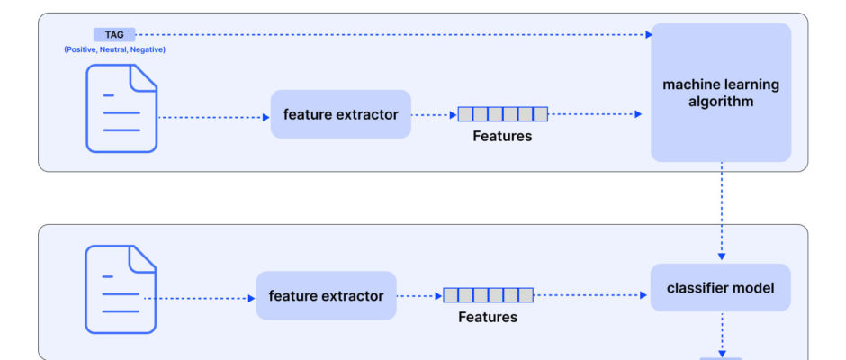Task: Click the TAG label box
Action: (114, 34)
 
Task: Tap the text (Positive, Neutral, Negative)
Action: (115, 49)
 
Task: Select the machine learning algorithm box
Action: (721, 93)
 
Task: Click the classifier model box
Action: (720, 288)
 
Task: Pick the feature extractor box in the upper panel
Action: (341, 114)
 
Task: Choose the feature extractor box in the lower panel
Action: (327, 296)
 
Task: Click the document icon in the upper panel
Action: (121, 109)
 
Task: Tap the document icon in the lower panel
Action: (121, 290)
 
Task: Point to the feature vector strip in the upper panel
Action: (503, 114)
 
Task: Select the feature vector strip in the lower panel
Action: (489, 295)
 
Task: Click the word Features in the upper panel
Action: (502, 137)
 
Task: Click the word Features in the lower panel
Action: (488, 318)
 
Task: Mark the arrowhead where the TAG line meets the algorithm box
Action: (649, 34)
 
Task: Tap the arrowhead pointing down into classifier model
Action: (722, 256)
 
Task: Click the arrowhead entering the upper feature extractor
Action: (266, 117)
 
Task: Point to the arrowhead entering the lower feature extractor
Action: (251, 299)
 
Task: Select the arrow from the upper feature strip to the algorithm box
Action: (595, 114)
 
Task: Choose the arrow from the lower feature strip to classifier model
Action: (590, 295)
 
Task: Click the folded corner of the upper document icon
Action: (142, 77)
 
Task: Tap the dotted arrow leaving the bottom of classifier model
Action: (722, 334)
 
